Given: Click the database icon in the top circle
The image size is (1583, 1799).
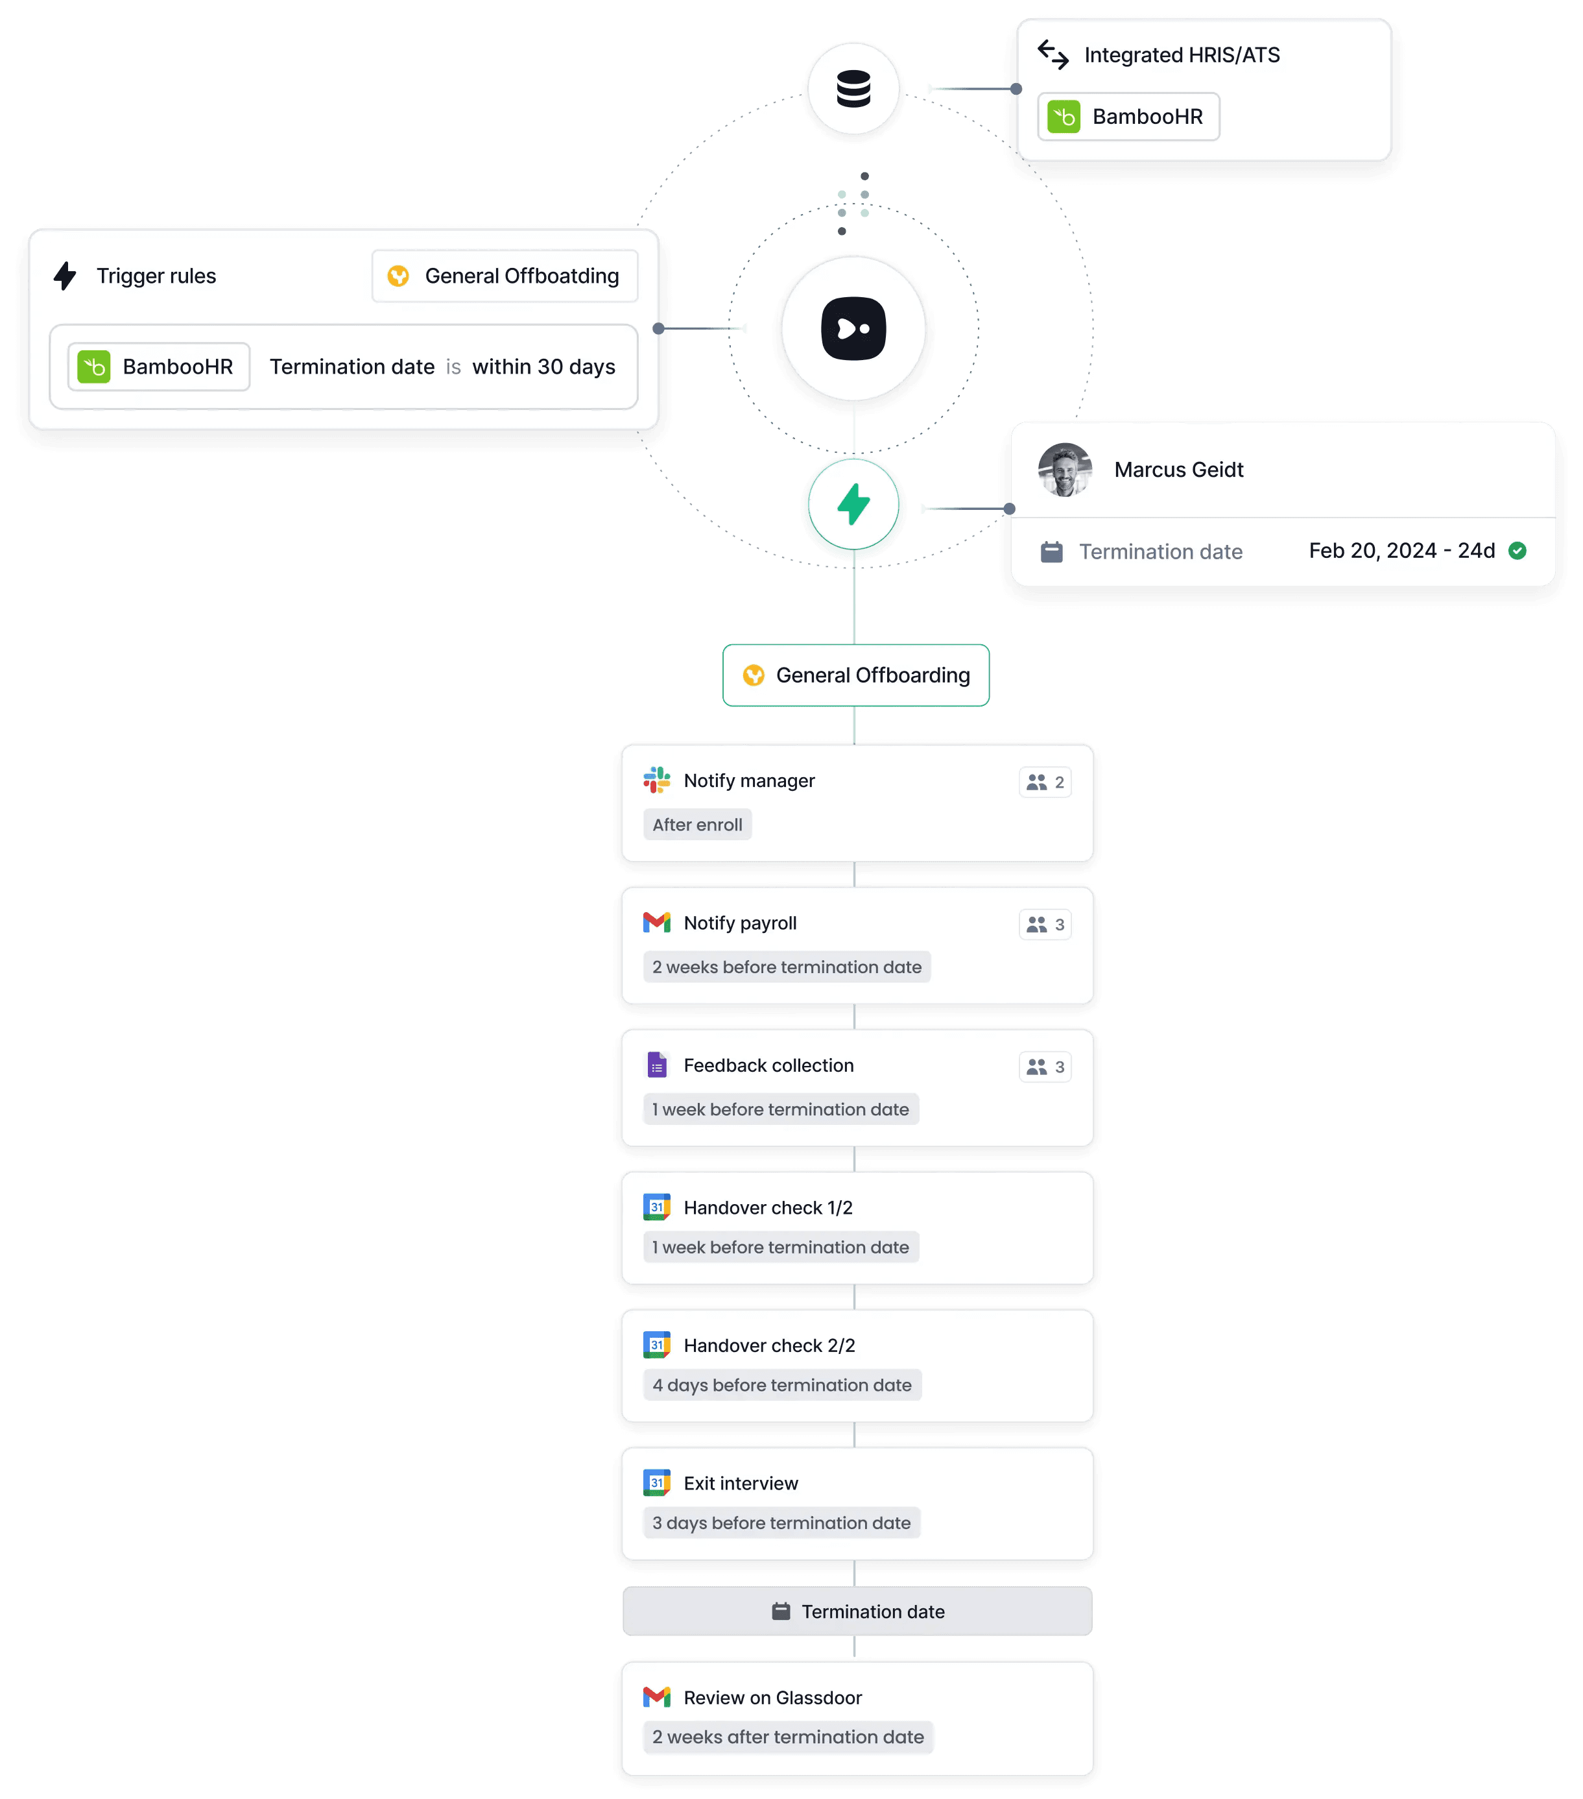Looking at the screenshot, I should click(853, 89).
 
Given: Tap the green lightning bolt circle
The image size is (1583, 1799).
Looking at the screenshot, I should click(853, 504).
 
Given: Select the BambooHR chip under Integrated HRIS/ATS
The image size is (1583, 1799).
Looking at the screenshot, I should click(1128, 116).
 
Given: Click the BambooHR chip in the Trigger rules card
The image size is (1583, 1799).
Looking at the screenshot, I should click(158, 366).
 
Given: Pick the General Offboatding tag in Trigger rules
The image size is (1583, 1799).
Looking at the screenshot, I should click(504, 276).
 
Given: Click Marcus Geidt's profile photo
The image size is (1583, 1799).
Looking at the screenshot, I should click(1065, 470).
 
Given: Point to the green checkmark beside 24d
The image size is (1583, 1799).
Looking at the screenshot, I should click(1517, 551).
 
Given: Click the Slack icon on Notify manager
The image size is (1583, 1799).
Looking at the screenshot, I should click(656, 780).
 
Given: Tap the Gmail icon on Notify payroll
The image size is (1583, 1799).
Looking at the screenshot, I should click(656, 923).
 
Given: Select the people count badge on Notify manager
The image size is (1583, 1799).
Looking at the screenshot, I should click(1045, 782).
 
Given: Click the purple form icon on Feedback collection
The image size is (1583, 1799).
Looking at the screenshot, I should click(656, 1065).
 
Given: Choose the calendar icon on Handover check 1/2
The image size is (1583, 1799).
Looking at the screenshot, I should click(656, 1207).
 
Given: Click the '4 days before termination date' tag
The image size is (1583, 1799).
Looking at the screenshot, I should click(781, 1385).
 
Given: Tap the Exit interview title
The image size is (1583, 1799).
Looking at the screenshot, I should click(740, 1483).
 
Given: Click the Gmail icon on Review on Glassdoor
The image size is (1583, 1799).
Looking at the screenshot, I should click(656, 1697).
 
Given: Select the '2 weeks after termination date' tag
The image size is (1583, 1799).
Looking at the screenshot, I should click(787, 1737).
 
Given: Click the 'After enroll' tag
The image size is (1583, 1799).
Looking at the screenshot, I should click(697, 825).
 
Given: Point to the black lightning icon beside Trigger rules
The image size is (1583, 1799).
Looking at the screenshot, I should click(65, 276).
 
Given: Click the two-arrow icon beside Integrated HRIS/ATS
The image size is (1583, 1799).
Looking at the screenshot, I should click(1053, 54).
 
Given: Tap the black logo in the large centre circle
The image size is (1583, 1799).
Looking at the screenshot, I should click(853, 329).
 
